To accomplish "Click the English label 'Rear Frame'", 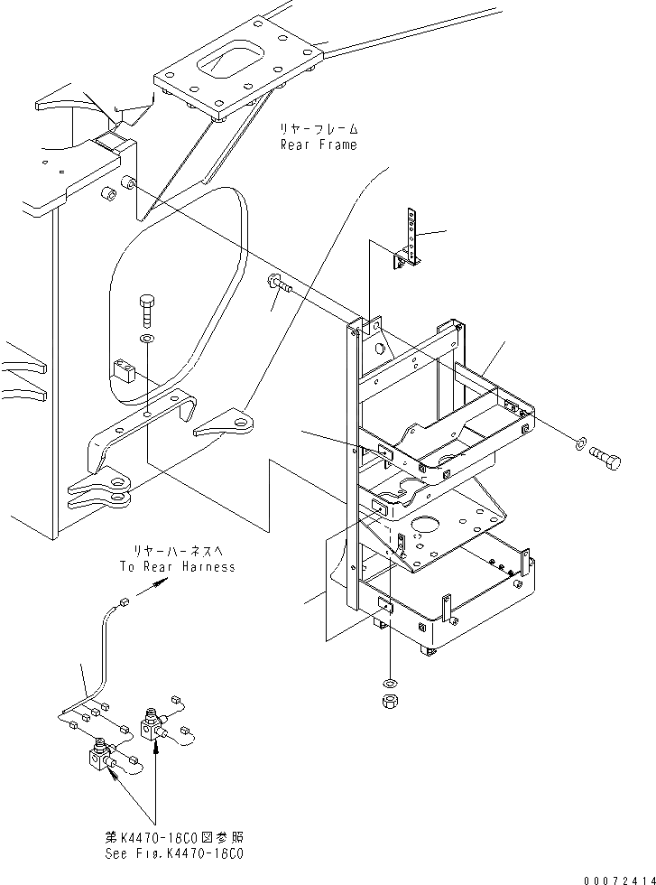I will [x=318, y=144].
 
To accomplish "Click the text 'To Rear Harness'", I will [x=177, y=566].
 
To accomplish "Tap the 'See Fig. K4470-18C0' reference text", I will [x=185, y=852].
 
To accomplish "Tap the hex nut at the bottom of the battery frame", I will [x=388, y=701].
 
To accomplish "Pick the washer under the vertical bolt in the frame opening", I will [x=147, y=340].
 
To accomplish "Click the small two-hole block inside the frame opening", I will [x=124, y=370].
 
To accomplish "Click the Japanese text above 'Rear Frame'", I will [x=319, y=129].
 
